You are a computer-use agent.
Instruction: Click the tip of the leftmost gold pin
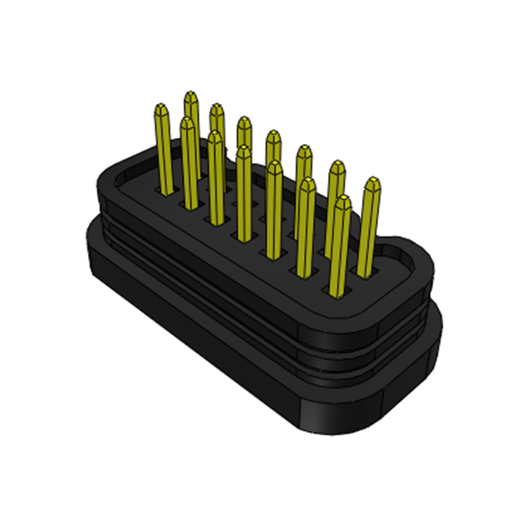160,107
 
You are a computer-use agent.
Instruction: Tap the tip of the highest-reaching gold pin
191,95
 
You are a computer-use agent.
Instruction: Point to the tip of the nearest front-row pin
343,199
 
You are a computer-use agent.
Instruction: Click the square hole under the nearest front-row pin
337,290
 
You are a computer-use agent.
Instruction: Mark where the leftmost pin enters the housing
165,191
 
